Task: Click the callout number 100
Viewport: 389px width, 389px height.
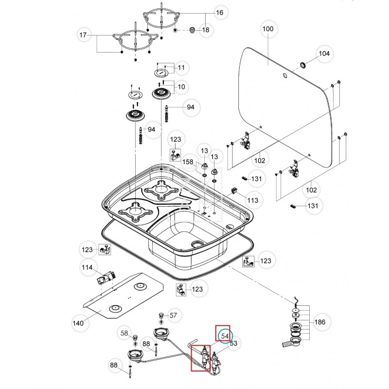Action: point(267,29)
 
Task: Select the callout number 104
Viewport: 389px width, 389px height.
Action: point(323,53)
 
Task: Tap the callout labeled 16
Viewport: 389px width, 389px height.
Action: point(219,13)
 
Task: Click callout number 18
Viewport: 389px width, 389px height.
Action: point(205,30)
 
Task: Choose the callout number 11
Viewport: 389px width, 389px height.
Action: point(181,67)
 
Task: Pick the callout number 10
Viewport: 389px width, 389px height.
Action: point(181,87)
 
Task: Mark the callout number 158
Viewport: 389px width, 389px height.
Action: point(187,161)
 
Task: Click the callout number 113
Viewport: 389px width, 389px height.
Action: point(252,199)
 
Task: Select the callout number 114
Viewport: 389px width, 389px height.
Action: point(87,267)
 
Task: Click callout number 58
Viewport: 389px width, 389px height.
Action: point(125,333)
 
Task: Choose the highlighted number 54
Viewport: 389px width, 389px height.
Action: point(225,336)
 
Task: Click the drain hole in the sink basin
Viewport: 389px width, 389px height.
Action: point(196,243)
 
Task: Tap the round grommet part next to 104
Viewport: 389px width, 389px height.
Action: point(302,65)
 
